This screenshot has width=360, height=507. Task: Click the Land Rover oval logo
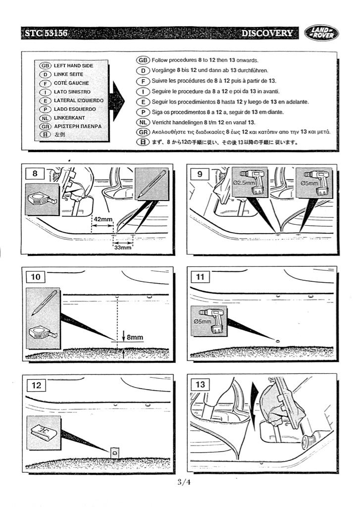(x=322, y=33)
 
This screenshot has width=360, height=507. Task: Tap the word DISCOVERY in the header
(x=267, y=33)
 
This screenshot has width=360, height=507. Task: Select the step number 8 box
(x=35, y=174)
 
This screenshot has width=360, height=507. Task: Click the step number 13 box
(x=201, y=384)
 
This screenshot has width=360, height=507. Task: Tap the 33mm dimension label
(x=123, y=247)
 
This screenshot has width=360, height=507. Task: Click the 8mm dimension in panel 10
(x=135, y=338)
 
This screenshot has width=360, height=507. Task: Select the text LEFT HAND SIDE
(x=73, y=65)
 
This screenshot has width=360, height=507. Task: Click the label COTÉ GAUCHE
(x=71, y=83)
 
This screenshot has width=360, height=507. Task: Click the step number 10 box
(x=36, y=277)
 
